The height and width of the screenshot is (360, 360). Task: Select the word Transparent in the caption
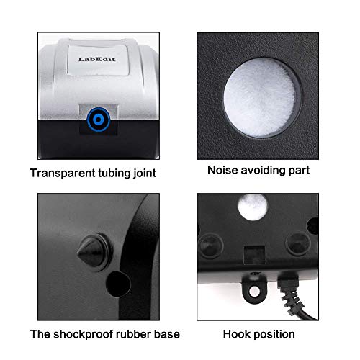(61, 172)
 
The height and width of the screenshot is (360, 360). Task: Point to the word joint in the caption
(145, 172)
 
